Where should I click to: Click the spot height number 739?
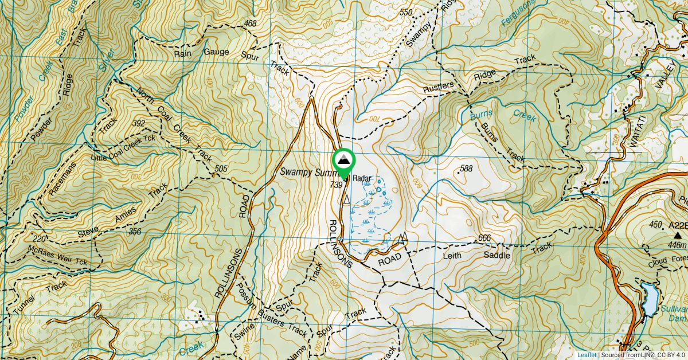coord(337,185)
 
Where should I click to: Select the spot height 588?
coord(466,169)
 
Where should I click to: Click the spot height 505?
coord(220,169)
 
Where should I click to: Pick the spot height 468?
coord(250,24)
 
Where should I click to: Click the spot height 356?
coord(135,232)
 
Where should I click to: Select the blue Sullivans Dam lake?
coord(650,299)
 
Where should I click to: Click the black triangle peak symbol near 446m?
coord(679,235)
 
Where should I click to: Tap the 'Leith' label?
coord(452,256)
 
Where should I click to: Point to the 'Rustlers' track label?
coord(439,86)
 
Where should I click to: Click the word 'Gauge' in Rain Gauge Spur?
coord(216,52)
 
